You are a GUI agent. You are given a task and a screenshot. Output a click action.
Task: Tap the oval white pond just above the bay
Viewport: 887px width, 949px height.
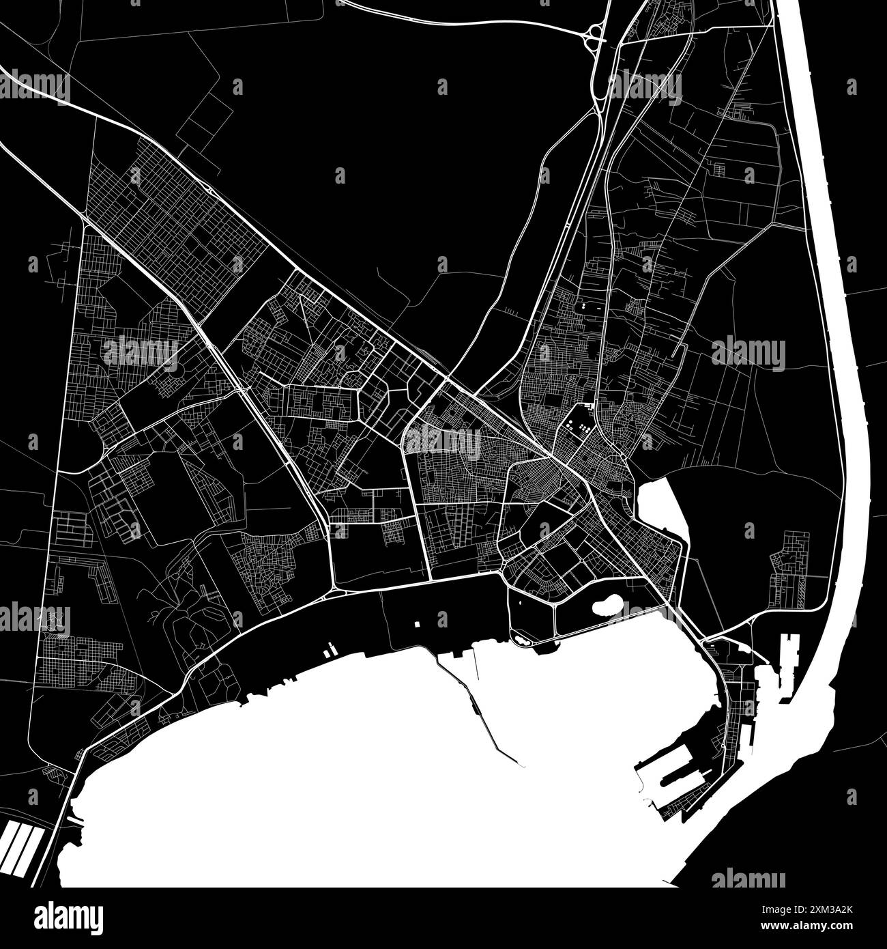pos(606,604)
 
